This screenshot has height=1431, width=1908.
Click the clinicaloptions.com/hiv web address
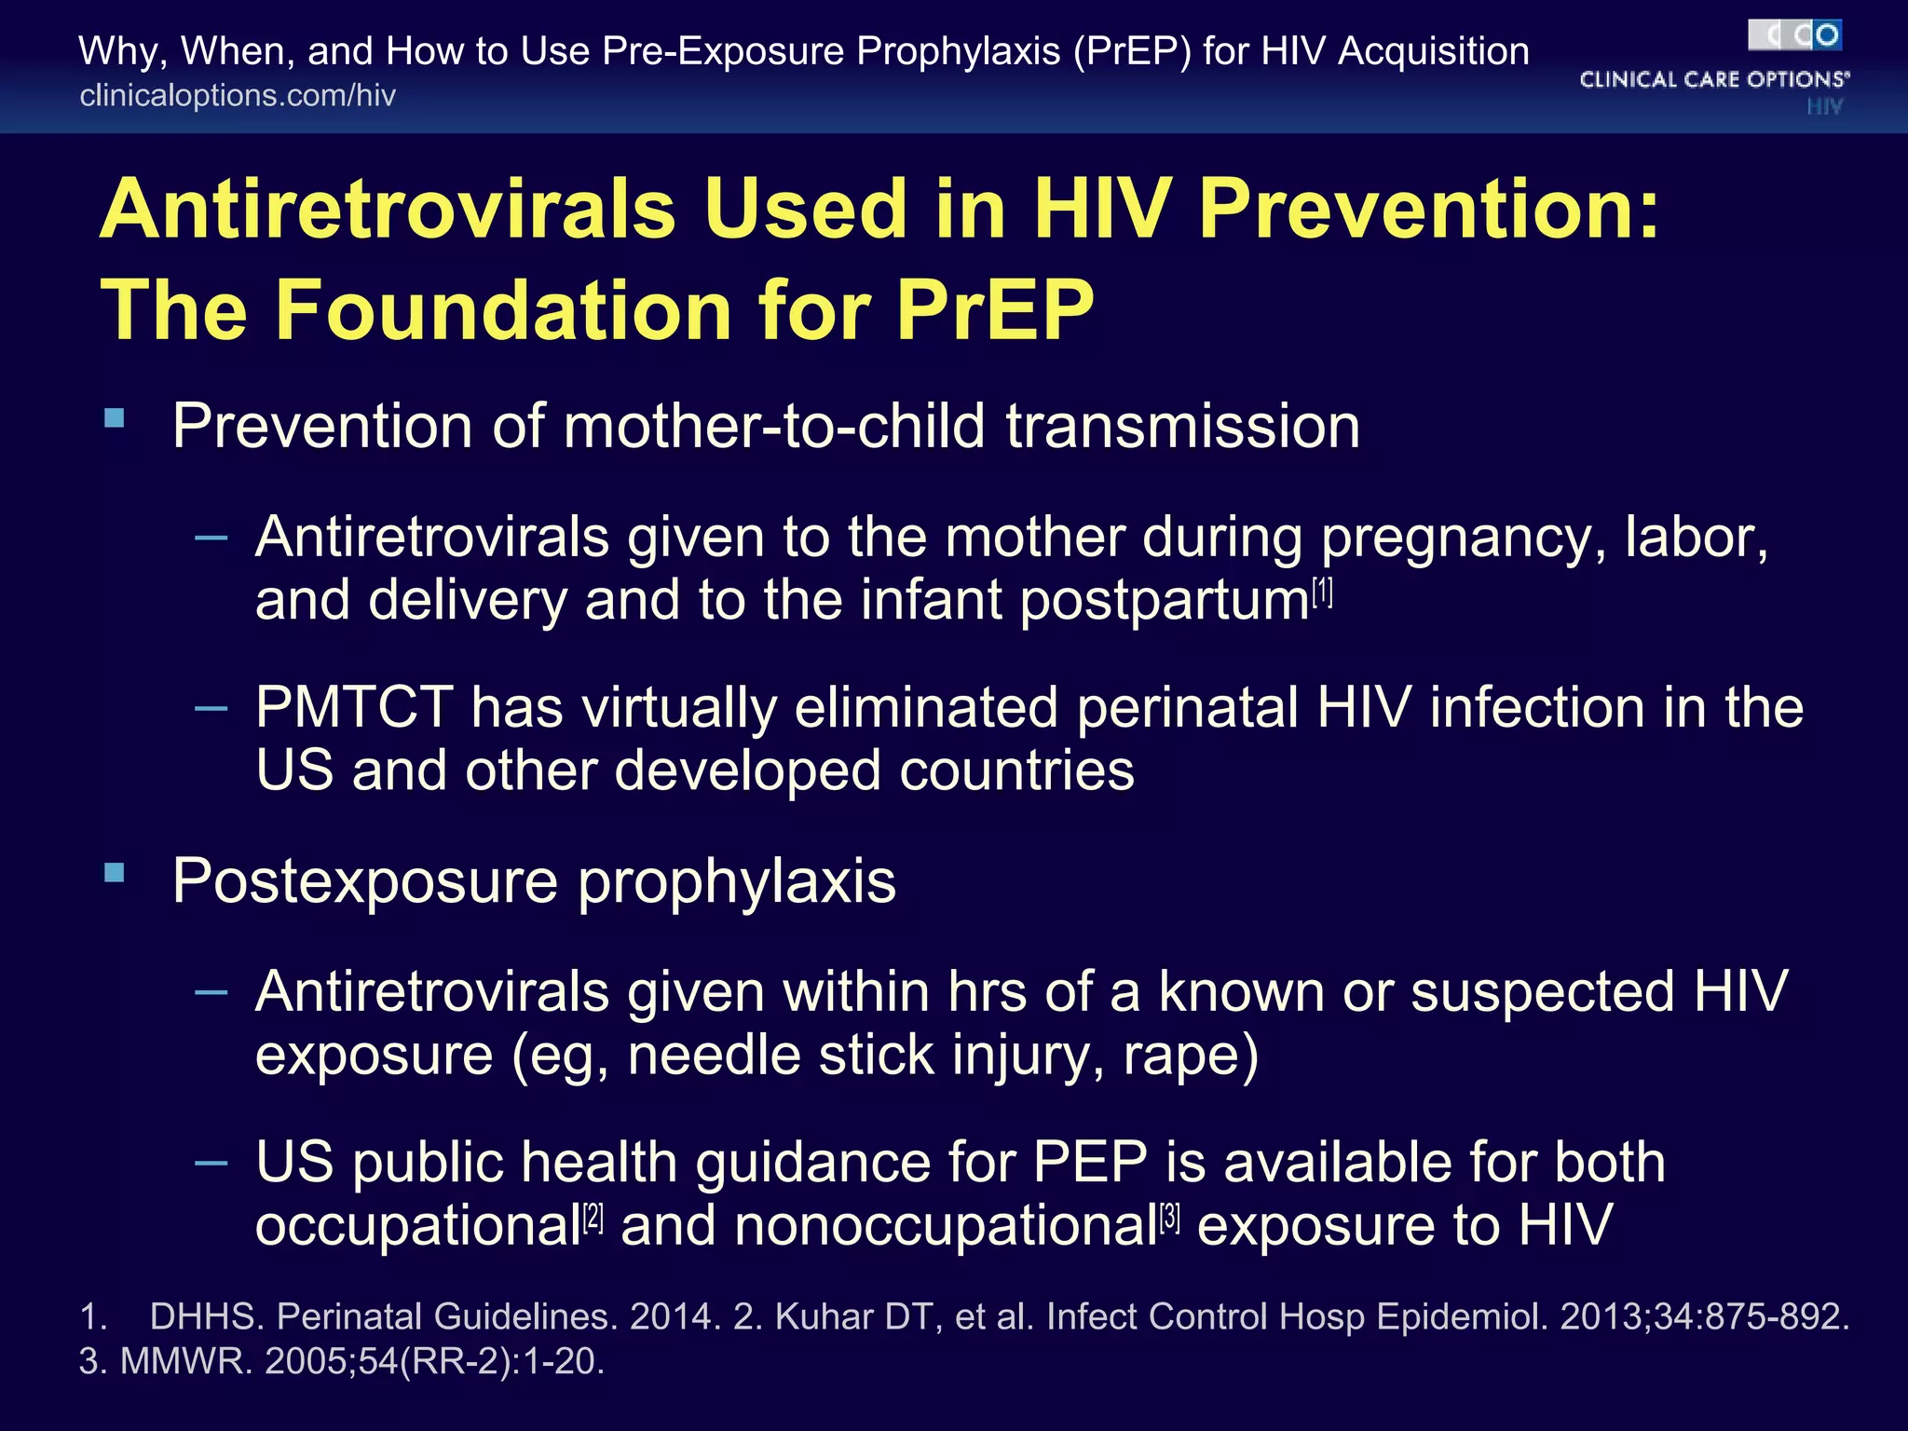click(238, 96)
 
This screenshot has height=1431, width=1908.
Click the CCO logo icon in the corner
click(1794, 36)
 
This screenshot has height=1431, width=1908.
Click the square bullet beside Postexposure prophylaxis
click(115, 873)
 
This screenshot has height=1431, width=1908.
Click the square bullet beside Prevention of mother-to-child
click(115, 418)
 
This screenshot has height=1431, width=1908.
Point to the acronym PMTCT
click(353, 708)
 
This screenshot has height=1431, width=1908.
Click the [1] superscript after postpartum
click(1322, 592)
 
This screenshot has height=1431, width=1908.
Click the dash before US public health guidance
click(211, 1162)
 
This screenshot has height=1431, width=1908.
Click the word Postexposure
click(364, 881)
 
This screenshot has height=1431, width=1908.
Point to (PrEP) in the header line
click(1131, 51)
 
